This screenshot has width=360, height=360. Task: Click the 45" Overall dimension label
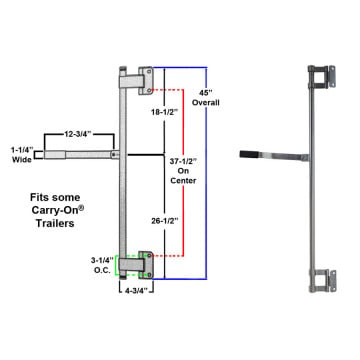point(206,97)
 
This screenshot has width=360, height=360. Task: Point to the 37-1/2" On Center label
point(183,171)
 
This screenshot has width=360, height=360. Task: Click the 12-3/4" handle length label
point(77,134)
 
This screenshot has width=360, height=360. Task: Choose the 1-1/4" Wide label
point(22,154)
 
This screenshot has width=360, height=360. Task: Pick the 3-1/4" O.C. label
point(101,265)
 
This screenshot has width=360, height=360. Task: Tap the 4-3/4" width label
point(136,290)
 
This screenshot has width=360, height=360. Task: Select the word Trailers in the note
point(55,223)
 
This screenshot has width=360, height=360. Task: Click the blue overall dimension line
point(206,173)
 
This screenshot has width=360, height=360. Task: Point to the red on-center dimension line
point(184,173)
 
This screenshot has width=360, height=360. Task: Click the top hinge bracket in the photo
point(322,76)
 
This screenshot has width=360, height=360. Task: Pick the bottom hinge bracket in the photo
point(322,281)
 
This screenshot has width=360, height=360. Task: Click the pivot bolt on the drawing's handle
point(115,155)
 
